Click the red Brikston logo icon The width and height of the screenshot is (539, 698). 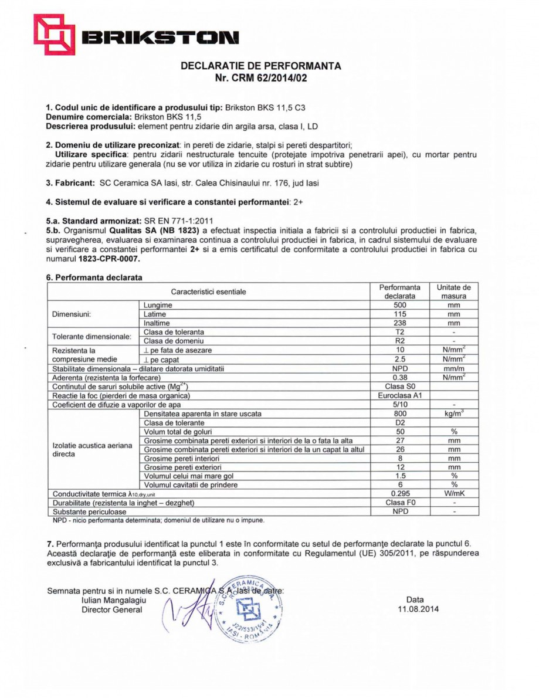click(x=54, y=34)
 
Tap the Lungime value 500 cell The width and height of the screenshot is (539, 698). click(x=399, y=305)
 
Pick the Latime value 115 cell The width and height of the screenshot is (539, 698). click(x=399, y=314)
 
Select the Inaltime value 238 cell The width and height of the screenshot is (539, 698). click(x=399, y=323)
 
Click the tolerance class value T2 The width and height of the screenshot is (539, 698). click(x=399, y=332)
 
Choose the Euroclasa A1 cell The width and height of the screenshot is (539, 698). click(x=399, y=395)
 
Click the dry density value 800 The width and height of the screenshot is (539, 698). click(x=399, y=414)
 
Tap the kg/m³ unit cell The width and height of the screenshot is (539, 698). click(x=454, y=414)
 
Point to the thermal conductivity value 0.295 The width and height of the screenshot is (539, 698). click(x=399, y=494)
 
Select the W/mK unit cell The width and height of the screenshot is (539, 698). click(x=454, y=494)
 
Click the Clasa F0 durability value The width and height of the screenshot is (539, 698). click(x=399, y=503)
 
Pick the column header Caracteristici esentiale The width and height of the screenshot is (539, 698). click(x=209, y=292)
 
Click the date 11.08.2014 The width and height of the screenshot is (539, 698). click(x=418, y=608)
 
